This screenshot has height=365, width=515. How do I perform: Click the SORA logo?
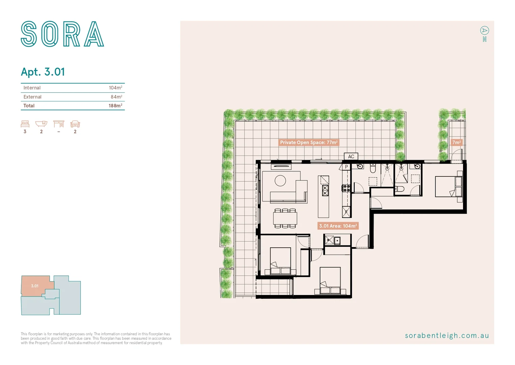[62, 34]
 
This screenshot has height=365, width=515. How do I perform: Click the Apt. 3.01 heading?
[43, 72]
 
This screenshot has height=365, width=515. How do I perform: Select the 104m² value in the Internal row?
[115, 88]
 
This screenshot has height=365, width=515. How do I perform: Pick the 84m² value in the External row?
[116, 97]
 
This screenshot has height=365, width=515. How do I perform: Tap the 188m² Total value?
[115, 106]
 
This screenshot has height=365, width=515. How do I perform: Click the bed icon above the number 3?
[25, 124]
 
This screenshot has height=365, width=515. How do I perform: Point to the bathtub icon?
[41, 124]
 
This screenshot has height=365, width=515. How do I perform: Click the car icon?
[75, 124]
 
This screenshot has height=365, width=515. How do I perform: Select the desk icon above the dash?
[59, 124]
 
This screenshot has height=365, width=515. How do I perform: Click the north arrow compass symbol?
[485, 31]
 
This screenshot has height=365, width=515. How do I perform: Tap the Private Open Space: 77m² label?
[308, 143]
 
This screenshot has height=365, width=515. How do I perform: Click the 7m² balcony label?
[456, 143]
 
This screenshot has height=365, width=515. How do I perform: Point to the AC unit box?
[351, 156]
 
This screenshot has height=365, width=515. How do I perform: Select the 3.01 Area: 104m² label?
[338, 226]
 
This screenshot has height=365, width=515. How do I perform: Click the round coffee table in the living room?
[280, 181]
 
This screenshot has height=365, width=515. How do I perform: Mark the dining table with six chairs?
[285, 218]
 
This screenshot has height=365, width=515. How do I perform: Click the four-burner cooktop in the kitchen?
[346, 188]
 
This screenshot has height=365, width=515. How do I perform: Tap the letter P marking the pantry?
[346, 167]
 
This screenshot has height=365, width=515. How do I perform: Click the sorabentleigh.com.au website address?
[447, 336]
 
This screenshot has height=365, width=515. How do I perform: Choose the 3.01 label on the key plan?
[35, 286]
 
